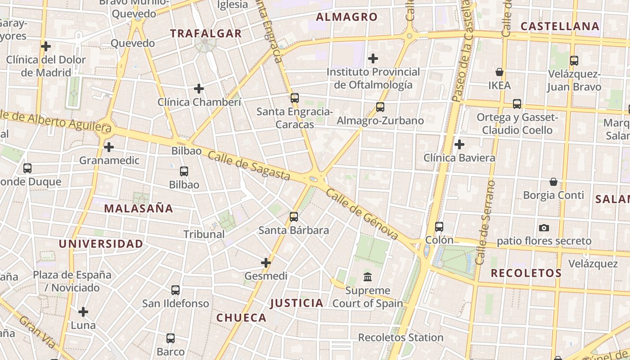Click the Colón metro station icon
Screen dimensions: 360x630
point(439,227)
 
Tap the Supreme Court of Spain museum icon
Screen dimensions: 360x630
point(368,276)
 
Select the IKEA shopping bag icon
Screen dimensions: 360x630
point(499,72)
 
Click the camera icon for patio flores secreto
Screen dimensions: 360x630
point(544,228)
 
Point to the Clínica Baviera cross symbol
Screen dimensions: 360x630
point(459,144)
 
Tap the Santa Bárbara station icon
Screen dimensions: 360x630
point(294,217)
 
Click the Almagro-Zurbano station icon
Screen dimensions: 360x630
point(380,107)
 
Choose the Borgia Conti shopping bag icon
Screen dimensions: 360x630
point(553,182)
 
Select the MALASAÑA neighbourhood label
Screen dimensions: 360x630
point(139,208)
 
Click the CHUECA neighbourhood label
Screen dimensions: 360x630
point(242,318)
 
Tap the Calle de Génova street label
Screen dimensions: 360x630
point(362,214)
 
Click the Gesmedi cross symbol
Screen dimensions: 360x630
point(266,262)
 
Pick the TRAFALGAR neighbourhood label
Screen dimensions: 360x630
point(206,33)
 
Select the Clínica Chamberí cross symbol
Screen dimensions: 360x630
point(199,89)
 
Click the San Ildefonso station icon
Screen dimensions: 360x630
point(175,290)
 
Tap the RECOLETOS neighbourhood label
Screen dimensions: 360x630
point(526,273)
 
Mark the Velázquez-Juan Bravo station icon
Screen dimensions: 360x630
point(574,61)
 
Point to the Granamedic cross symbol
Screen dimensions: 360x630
point(109,147)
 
